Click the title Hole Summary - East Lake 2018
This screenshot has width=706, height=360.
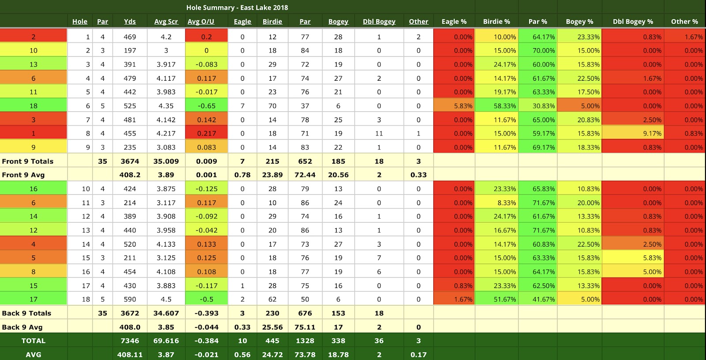pos(237,7)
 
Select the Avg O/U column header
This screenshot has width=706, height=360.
pos(201,22)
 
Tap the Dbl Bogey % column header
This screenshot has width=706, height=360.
pos(632,22)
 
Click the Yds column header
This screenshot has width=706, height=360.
pos(130,22)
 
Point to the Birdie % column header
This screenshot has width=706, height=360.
pos(496,22)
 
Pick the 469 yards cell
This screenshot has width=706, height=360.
pos(130,37)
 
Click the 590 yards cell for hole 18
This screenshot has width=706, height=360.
pos(130,300)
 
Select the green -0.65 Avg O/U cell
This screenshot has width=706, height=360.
pos(207,106)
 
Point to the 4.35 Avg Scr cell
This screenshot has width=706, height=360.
pos(166,106)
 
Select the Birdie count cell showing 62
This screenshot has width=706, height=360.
pos(272,300)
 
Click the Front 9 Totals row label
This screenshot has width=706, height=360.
pos(27,161)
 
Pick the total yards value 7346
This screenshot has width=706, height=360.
pos(130,341)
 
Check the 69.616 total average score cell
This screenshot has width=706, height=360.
pos(166,341)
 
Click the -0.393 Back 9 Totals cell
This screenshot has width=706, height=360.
pos(207,313)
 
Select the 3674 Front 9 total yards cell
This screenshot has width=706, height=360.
pos(130,161)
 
